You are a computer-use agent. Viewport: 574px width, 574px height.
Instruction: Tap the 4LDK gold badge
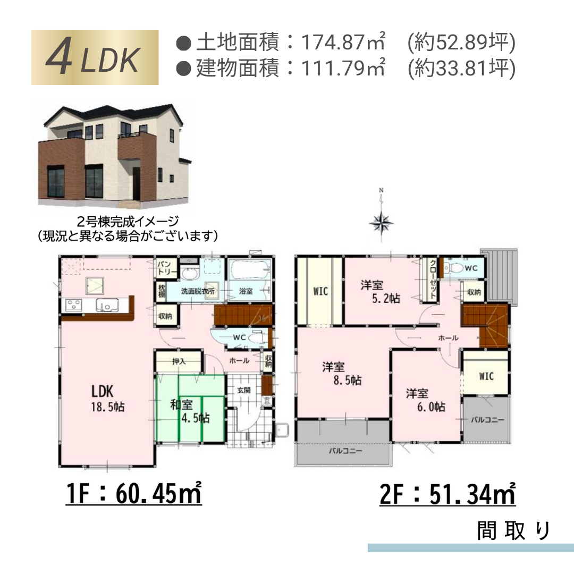[x=95, y=57]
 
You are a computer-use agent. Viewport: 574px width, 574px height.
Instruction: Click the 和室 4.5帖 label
[x=189, y=410]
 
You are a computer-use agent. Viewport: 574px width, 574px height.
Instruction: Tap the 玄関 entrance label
[x=243, y=390]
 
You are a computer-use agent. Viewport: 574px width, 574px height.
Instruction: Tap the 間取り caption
[x=513, y=530]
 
